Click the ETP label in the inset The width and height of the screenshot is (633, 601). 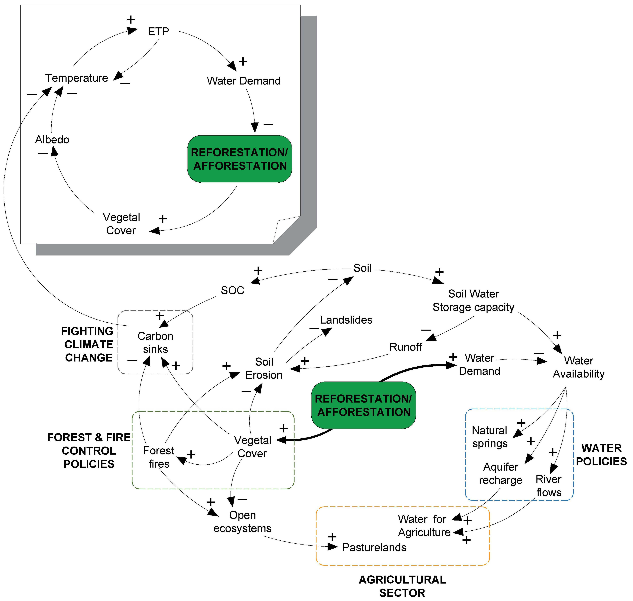158,31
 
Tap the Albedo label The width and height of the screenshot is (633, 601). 52,140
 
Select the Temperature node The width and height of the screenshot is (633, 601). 77,78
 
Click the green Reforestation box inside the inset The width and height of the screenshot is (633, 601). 240,159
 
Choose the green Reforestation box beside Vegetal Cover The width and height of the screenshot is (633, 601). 363,405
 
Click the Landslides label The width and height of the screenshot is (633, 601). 346,320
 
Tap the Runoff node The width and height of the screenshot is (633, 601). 406,347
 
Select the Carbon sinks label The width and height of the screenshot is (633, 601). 155,342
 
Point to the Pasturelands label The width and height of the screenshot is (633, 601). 374,547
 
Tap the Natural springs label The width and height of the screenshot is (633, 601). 490,437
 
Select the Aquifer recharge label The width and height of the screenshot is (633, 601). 500,474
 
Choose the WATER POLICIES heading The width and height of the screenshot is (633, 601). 601,455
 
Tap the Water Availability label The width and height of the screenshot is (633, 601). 579,367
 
